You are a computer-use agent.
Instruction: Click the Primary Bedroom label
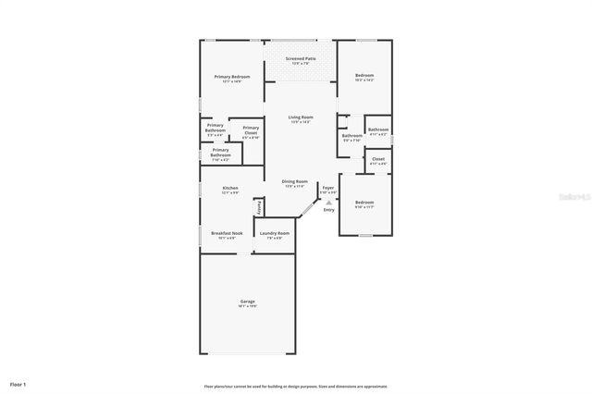(231, 77)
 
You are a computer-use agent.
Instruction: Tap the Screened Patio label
(301, 58)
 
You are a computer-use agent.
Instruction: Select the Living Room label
(301, 117)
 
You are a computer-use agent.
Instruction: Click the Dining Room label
(294, 182)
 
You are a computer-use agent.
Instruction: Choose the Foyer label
(328, 187)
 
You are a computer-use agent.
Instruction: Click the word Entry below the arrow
(328, 210)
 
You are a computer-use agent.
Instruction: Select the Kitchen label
(229, 189)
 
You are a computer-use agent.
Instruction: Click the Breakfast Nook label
(227, 233)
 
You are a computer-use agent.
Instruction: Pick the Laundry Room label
(274, 233)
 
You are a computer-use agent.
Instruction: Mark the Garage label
(247, 302)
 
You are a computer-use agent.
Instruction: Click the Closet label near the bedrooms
(377, 159)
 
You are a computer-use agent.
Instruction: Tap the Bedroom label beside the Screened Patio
(364, 77)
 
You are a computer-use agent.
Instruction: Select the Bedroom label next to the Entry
(364, 203)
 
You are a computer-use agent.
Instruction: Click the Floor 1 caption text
(18, 383)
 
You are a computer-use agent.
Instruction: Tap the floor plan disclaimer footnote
(295, 386)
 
